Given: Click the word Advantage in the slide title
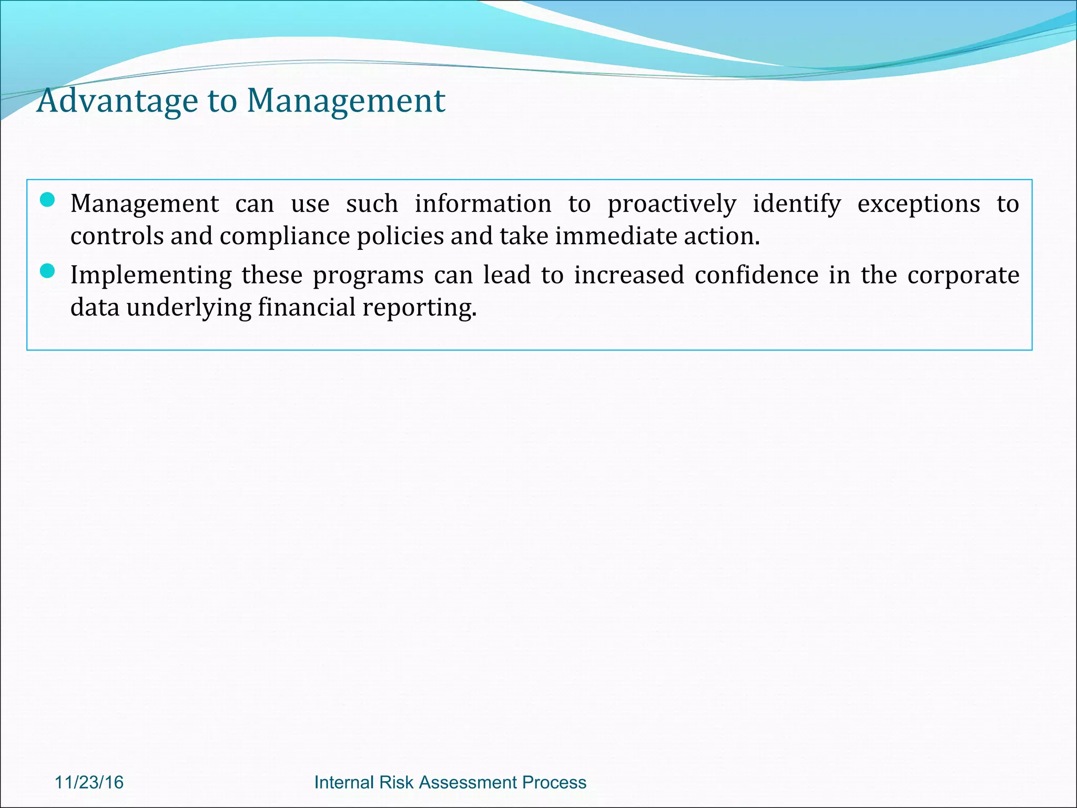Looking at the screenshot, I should pos(117,100).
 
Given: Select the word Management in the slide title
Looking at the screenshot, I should pos(346,100).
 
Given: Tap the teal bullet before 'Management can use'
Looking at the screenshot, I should pos(47,200).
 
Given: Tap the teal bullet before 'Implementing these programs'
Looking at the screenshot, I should pos(47,271).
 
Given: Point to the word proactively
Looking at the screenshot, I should pos(672,204).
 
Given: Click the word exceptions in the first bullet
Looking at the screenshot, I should pos(918,204).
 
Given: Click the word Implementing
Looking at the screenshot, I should pos(151,276).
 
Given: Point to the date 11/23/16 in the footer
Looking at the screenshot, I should pos(89,782).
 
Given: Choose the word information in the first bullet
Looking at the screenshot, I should pos(483,204).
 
